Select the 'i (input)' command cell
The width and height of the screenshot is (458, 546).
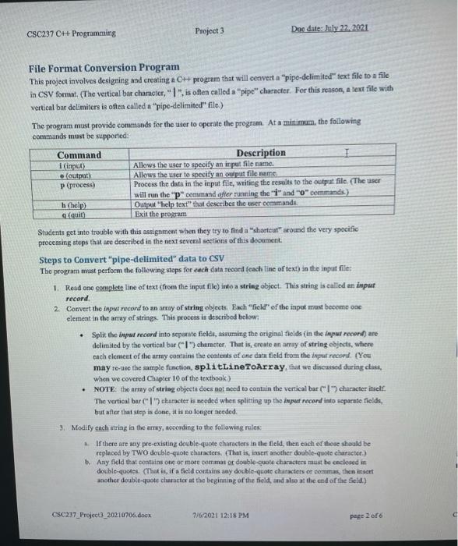[x=71, y=165]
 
